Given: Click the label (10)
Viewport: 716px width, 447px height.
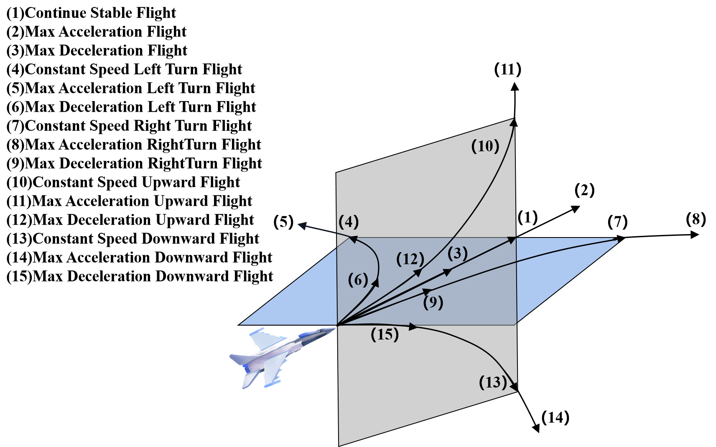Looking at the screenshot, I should (x=485, y=146).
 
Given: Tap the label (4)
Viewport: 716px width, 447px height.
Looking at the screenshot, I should (x=349, y=222).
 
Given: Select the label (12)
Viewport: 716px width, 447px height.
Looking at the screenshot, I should (x=410, y=259).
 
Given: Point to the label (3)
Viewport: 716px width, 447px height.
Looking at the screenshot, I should (x=457, y=253).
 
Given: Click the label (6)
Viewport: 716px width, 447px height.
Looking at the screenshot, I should (x=358, y=280).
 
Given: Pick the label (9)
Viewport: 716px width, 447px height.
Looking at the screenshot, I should (x=433, y=302).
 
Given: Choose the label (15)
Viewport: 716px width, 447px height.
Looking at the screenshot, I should (x=385, y=335).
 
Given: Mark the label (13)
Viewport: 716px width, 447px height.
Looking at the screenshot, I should (x=493, y=382).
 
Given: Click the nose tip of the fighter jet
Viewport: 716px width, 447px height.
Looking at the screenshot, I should (x=336, y=327).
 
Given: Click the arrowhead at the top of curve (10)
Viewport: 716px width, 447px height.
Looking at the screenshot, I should (x=512, y=123).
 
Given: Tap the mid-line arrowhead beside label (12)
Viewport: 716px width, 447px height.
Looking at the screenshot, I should (x=417, y=273).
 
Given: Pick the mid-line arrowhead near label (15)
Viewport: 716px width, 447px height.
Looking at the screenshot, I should (x=413, y=326).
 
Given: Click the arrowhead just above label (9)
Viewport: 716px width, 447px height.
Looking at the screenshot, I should (x=427, y=291).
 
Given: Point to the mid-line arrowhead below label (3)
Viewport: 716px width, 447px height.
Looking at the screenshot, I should (x=447, y=272).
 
